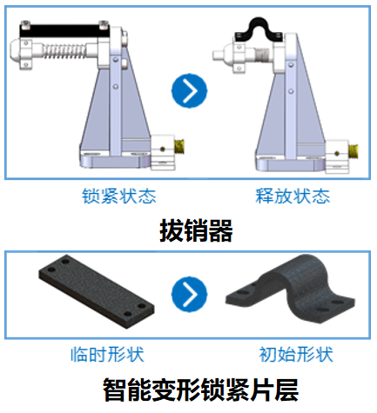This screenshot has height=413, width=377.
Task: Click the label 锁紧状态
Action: (119, 197)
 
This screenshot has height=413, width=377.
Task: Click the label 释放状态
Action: (293, 197)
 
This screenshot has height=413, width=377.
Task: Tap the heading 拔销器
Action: (196, 230)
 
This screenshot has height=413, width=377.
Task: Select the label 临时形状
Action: (108, 354)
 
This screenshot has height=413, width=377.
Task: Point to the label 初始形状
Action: (296, 354)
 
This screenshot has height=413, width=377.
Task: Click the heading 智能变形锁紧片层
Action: (200, 390)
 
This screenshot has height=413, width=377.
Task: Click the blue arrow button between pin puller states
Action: (189, 90)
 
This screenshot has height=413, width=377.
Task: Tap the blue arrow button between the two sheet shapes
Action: (189, 294)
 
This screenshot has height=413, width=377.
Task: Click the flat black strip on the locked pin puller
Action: (64, 30)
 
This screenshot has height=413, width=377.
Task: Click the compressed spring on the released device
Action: (262, 54)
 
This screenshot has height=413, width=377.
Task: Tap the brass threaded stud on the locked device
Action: (179, 147)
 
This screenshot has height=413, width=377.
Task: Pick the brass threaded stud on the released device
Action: (353, 151)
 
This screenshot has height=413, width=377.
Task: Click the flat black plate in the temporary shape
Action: (96, 290)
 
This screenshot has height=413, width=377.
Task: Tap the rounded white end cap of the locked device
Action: (17, 51)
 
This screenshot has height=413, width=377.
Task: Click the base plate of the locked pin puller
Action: (115, 160)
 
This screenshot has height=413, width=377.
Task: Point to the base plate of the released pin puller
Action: (290, 164)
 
